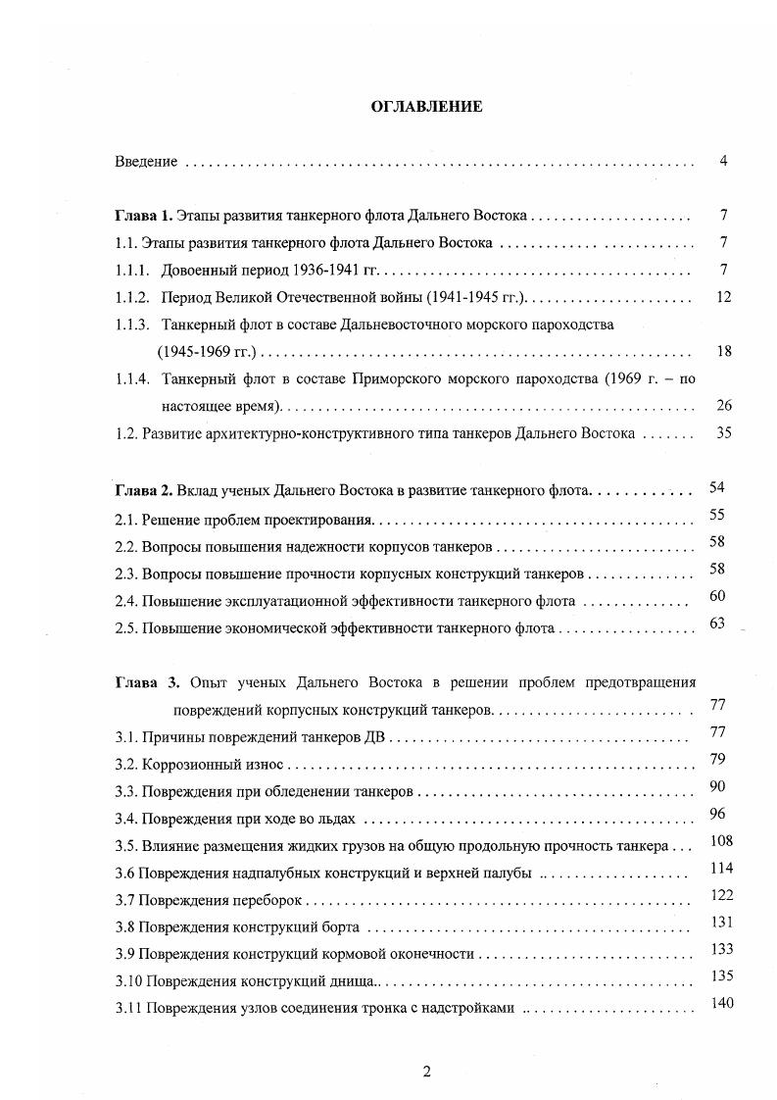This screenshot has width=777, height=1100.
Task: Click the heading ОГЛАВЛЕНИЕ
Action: (x=426, y=107)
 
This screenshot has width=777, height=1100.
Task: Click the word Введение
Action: (x=146, y=162)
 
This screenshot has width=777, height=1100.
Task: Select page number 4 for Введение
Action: (x=722, y=161)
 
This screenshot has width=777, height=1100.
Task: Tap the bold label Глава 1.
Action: (x=144, y=215)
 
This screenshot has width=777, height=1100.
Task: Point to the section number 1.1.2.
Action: (x=131, y=296)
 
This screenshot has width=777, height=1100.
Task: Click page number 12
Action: (x=724, y=296)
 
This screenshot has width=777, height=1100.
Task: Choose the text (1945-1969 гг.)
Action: (x=206, y=351)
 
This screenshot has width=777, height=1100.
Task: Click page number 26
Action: (x=724, y=405)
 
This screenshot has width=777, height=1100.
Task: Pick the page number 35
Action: (x=724, y=431)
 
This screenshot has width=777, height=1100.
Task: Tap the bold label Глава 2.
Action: (x=144, y=488)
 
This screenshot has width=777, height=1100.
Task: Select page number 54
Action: (x=716, y=487)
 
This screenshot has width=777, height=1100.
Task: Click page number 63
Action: (x=716, y=624)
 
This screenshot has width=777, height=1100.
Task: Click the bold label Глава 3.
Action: (x=146, y=682)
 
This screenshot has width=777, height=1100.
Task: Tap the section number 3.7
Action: (x=124, y=899)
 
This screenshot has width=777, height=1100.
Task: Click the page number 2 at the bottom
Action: (x=426, y=1072)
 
